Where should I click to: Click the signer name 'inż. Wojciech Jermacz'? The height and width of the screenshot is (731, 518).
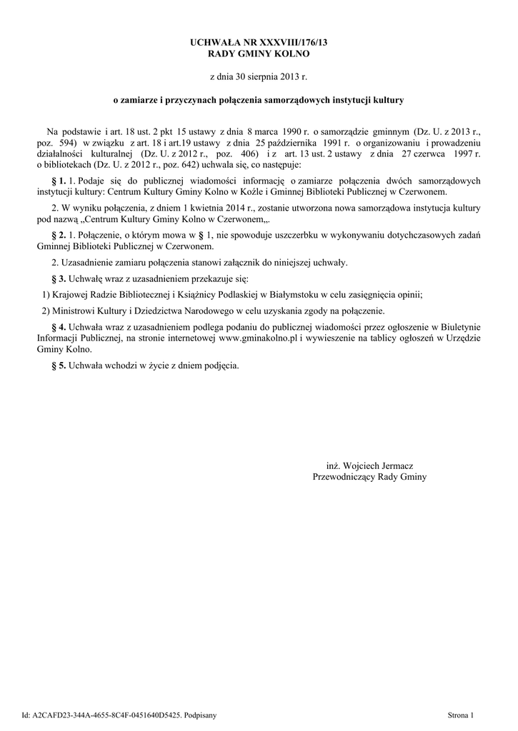tap(369, 465)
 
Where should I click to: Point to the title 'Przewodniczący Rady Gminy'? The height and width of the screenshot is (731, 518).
tap(369, 476)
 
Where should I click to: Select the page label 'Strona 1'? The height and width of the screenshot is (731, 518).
tap(460, 714)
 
